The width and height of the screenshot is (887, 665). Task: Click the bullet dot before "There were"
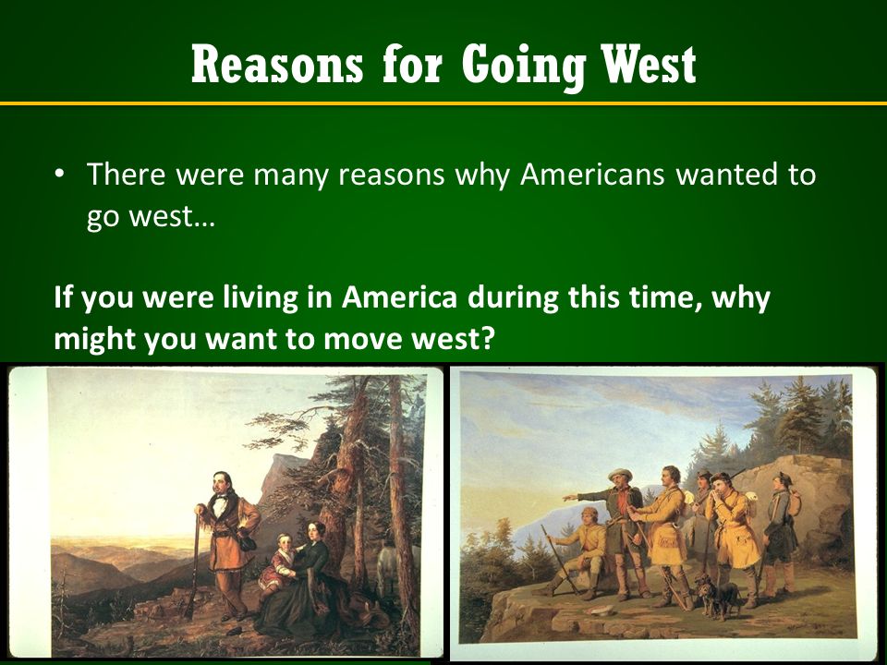click(59, 175)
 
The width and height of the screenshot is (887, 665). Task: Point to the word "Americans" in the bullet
click(591, 175)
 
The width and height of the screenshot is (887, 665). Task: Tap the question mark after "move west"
click(488, 338)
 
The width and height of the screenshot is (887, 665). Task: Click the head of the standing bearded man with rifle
click(223, 484)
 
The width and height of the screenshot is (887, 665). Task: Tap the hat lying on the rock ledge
click(600, 610)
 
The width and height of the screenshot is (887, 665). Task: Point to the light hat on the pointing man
click(621, 474)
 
